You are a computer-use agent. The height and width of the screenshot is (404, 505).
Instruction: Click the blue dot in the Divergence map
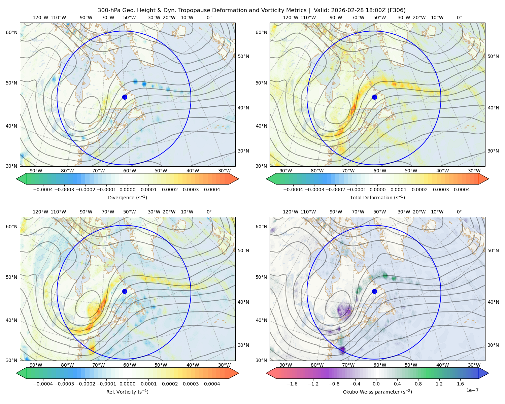[125, 97]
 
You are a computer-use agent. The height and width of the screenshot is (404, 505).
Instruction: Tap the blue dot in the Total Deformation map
[374, 97]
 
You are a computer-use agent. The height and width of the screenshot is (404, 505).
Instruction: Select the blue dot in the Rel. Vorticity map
[125, 291]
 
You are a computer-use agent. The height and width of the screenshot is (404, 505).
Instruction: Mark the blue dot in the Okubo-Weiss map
[374, 291]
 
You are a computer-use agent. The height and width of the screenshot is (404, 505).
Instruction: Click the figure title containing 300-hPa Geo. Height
[251, 10]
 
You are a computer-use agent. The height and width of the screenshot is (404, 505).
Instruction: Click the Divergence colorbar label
[127, 197]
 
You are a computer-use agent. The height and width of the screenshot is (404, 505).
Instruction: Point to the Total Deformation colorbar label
[377, 197]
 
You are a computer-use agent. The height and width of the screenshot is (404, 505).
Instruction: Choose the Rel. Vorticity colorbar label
[127, 392]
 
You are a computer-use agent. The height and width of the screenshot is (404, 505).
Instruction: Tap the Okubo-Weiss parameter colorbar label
[377, 392]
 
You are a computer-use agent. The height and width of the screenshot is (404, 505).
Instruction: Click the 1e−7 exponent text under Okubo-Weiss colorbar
[472, 390]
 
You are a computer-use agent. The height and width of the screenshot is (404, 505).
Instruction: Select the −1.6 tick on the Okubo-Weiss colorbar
[292, 383]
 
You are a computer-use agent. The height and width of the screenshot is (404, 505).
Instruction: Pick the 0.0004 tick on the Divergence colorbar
[212, 190]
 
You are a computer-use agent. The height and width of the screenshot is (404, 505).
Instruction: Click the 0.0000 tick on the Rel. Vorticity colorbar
[127, 383]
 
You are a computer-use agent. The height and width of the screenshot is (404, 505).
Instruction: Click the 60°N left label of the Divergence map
[11, 32]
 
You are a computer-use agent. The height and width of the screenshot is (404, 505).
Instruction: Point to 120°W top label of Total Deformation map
[290, 18]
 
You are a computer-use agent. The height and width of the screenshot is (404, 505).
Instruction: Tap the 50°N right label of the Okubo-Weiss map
[493, 250]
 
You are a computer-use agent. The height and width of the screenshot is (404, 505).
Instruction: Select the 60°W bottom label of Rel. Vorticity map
[130, 365]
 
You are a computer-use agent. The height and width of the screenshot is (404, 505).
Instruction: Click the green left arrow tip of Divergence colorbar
[16, 179]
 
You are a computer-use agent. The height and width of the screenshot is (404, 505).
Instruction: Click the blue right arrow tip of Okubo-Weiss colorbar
[489, 373]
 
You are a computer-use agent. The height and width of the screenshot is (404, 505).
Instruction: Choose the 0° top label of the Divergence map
[209, 18]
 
